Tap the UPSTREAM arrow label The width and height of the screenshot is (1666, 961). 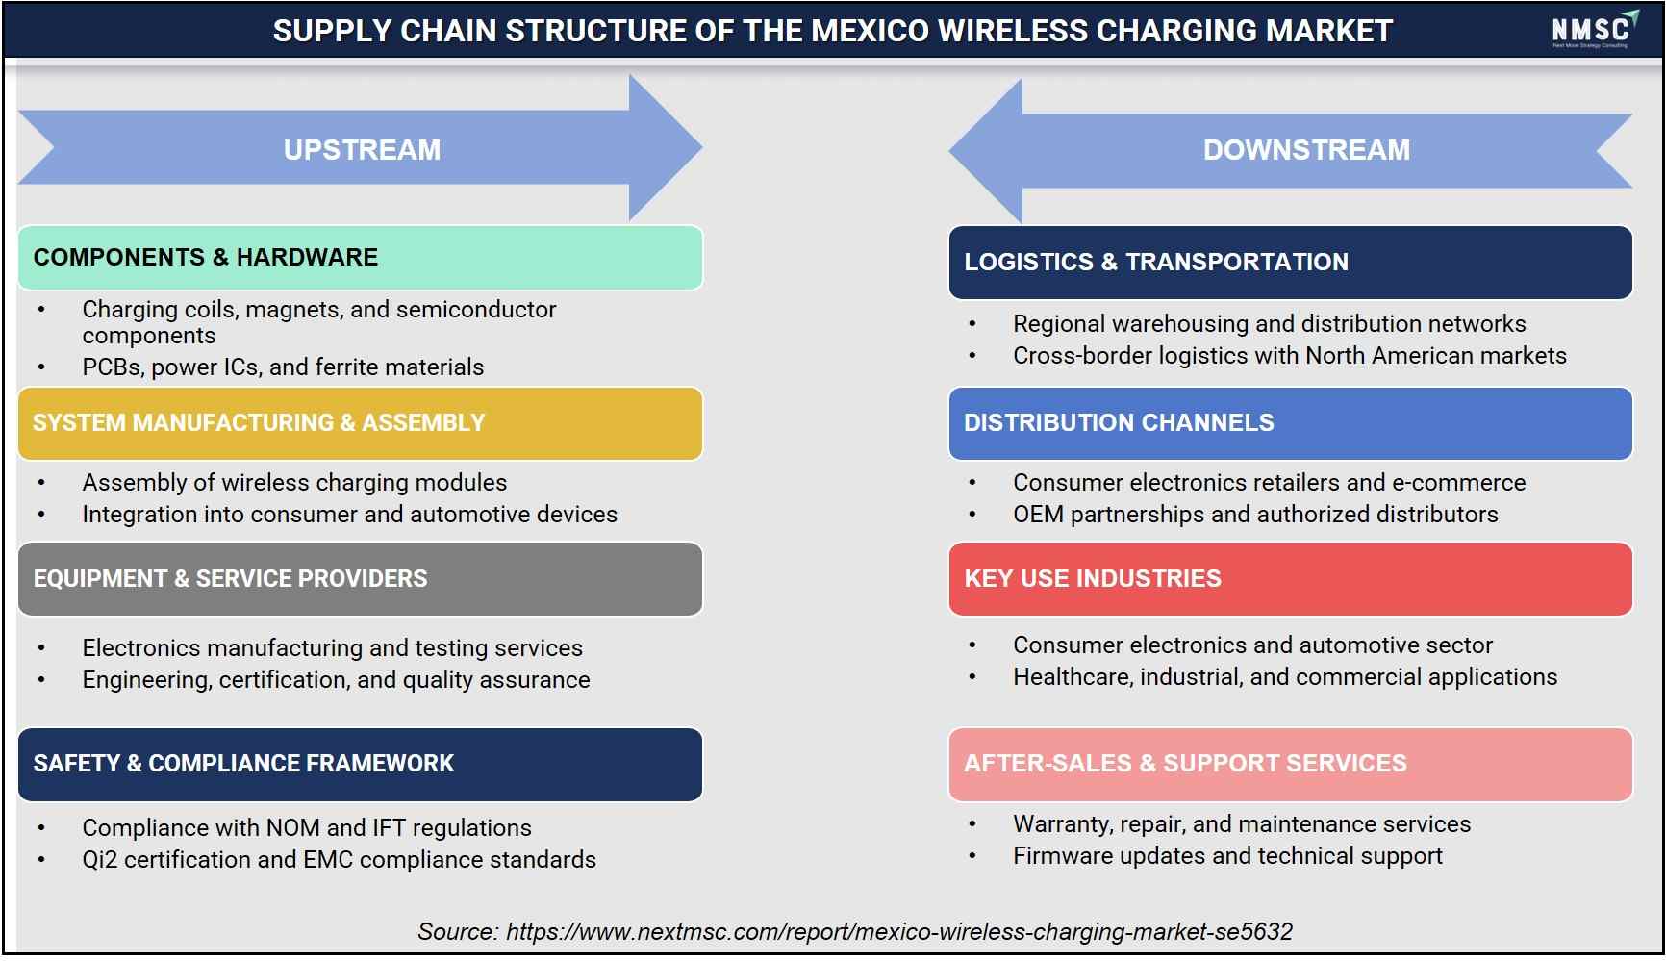[x=362, y=150]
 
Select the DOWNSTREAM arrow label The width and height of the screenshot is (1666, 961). [x=1306, y=150]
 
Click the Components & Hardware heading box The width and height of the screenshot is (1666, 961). [x=360, y=258]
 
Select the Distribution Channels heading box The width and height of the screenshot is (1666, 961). [x=1290, y=423]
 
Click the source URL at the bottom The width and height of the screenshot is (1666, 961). [x=899, y=932]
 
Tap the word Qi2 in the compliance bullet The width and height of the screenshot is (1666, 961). [x=100, y=860]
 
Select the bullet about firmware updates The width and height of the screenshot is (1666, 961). [x=1227, y=856]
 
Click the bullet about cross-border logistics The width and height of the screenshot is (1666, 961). [x=1289, y=356]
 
